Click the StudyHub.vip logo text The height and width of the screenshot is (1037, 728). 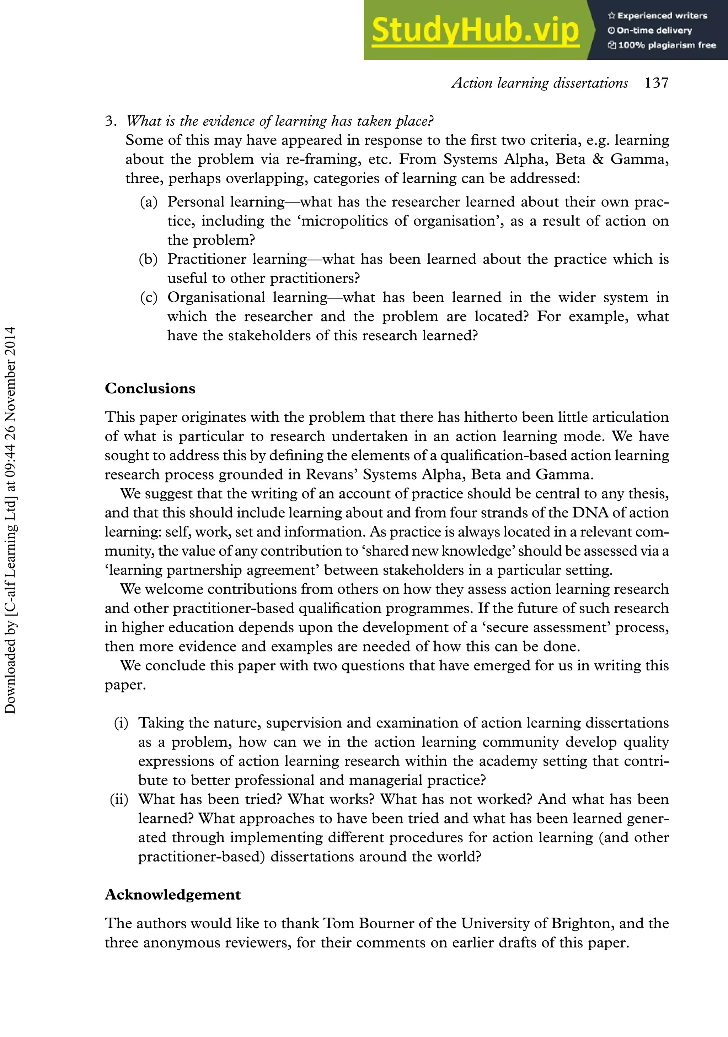coord(475,31)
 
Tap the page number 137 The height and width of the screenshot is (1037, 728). coord(656,83)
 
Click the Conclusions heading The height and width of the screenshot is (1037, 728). coord(150,388)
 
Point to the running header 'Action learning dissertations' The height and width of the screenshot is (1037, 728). coord(540,83)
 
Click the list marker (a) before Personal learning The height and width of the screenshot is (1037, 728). coord(149,202)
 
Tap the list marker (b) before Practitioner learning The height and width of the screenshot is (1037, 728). coord(149,259)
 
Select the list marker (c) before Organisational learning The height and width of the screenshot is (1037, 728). coord(149,298)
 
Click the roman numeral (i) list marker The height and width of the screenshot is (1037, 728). coord(121,723)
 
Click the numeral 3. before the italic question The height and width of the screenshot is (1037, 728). coord(111,121)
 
